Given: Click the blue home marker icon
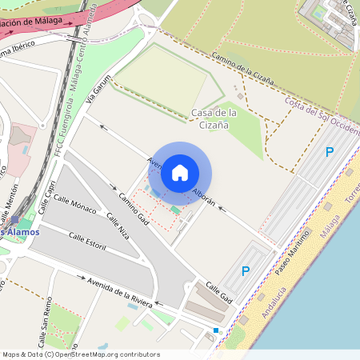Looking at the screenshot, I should click(x=180, y=173).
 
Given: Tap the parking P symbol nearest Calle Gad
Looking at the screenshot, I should click(x=246, y=271).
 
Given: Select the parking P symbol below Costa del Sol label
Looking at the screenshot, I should click(x=329, y=151).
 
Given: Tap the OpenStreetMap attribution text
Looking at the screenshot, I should click(x=81, y=354).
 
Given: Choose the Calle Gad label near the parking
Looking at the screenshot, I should click(x=218, y=292).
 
